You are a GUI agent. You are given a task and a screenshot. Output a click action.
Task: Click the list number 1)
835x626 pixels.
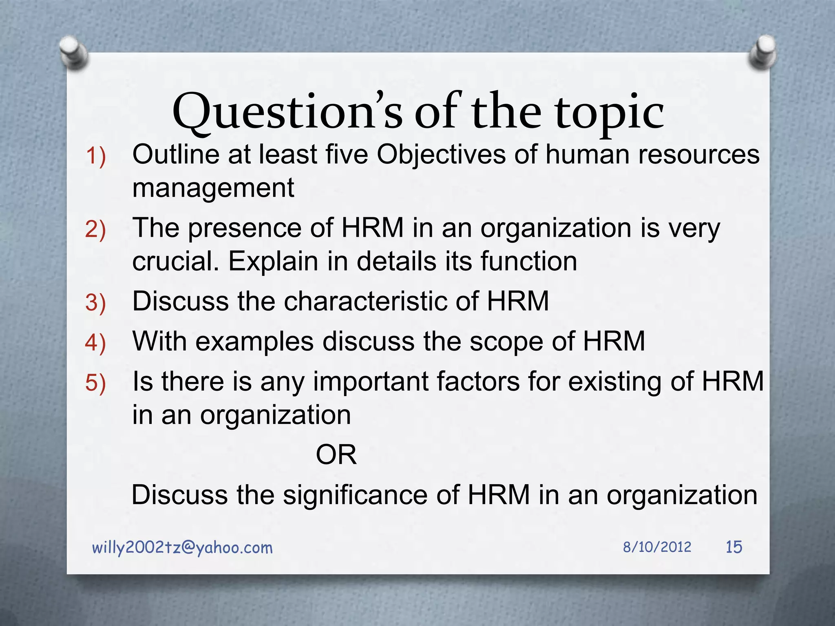[x=95, y=156]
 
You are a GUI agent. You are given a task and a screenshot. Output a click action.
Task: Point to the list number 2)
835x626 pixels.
[x=95, y=229]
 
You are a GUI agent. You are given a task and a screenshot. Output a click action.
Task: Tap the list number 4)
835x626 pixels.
[x=95, y=342]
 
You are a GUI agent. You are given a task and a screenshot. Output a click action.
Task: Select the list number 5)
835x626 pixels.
[x=95, y=383]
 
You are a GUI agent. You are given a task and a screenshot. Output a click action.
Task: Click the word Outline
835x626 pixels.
[x=176, y=155]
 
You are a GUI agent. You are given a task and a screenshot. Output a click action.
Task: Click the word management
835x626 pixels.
[x=213, y=188]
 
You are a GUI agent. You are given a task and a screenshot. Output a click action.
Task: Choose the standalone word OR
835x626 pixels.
[x=336, y=455]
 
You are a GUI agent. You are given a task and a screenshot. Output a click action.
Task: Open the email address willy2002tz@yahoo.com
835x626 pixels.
[x=182, y=548]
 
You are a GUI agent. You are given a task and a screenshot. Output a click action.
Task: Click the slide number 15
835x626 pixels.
[x=734, y=547]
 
